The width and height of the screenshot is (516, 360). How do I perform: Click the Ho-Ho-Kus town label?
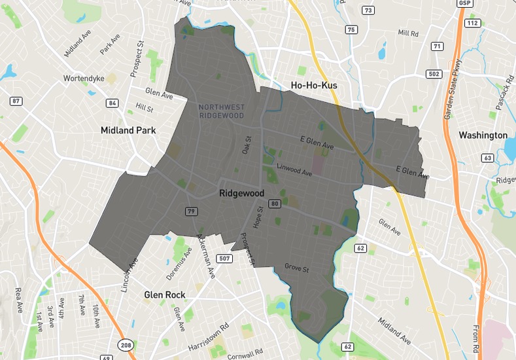tap(317, 86)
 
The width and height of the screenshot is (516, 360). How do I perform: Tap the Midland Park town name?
tap(128, 130)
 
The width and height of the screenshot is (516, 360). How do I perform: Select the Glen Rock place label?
tap(165, 295)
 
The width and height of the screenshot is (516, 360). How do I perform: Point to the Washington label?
tap(483, 135)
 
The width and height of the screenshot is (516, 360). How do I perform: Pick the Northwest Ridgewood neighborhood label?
tap(221, 111)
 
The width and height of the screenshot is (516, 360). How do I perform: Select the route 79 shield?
tap(191, 211)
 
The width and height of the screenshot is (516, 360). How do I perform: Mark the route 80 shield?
tap(275, 205)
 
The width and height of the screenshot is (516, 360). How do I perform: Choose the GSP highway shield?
tap(466, 3)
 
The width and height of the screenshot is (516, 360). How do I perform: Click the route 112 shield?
tap(473, 24)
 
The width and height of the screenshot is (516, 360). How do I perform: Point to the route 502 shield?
tap(434, 74)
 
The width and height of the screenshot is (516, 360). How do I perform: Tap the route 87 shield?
tap(16, 101)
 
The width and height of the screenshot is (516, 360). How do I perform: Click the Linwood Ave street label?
tap(294, 171)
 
